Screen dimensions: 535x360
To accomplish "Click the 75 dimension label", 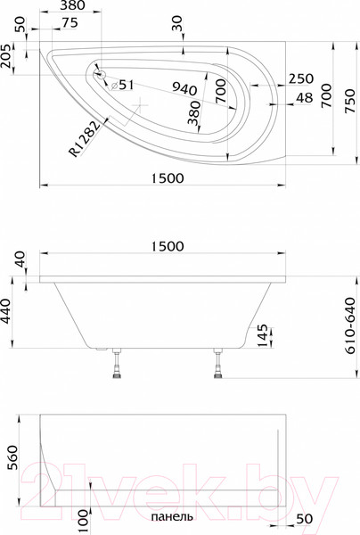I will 69,23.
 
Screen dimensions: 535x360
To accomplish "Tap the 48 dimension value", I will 304,98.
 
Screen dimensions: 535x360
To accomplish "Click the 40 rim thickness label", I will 20,262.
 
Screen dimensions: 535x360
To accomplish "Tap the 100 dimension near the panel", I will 83,516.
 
